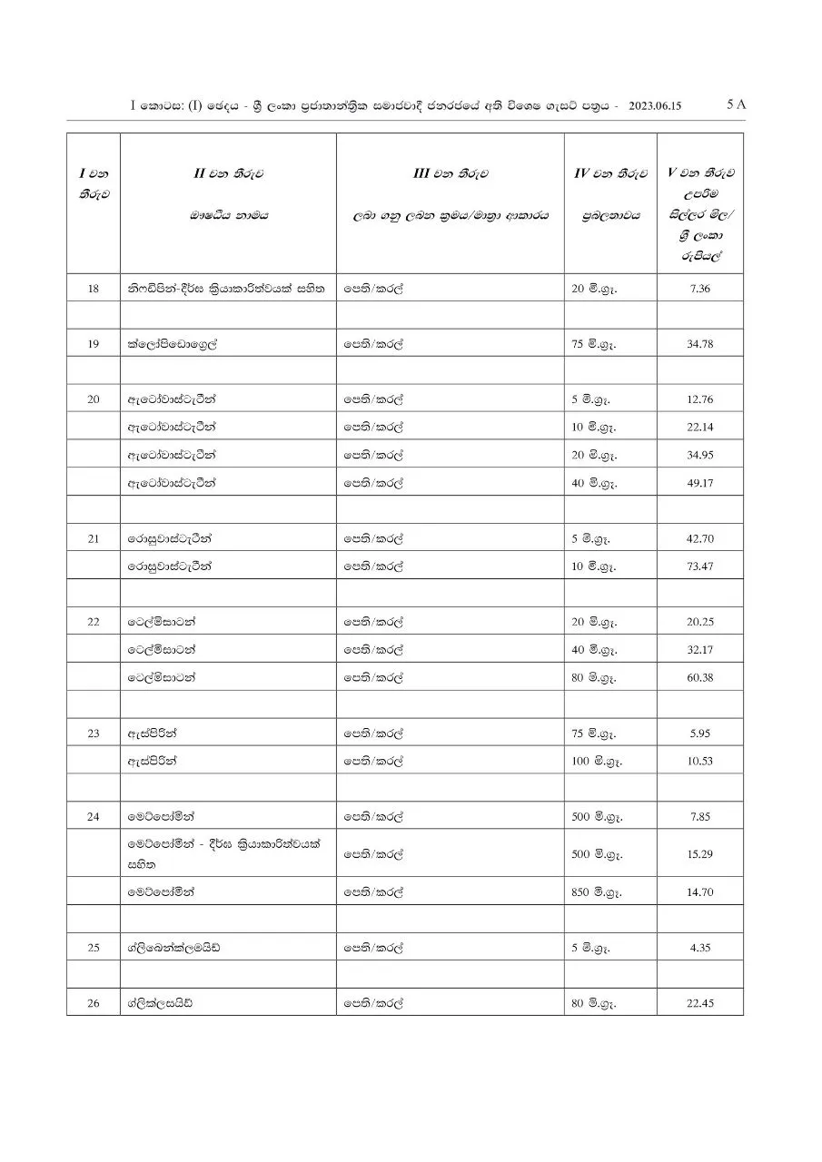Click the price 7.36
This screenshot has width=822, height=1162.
[x=700, y=289]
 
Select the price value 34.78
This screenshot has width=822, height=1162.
[x=700, y=344]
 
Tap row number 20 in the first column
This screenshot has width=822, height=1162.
[x=94, y=399]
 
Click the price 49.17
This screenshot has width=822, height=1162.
[x=700, y=483]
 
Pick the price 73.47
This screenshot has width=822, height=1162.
[x=700, y=566]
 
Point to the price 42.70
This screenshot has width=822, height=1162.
[x=700, y=538]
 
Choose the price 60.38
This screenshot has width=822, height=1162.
[x=700, y=677]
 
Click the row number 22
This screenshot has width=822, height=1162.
[x=94, y=622]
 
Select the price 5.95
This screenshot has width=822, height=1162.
[x=700, y=733]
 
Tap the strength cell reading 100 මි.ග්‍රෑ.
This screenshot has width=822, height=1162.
[x=597, y=761]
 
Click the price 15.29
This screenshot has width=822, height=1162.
[x=700, y=854]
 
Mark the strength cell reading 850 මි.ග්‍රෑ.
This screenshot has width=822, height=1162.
[x=597, y=892]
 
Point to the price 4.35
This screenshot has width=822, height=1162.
[x=700, y=948]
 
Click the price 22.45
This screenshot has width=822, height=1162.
[x=700, y=1003]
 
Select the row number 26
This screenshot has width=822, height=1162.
[x=94, y=1003]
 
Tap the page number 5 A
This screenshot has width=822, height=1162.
[x=737, y=104]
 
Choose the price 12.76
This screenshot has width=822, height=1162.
[x=700, y=399]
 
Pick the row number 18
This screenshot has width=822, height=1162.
[x=94, y=289]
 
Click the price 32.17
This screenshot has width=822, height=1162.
[x=700, y=650]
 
